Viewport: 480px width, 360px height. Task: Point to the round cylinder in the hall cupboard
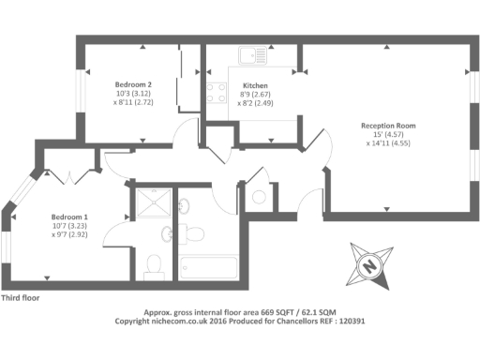click(258, 198)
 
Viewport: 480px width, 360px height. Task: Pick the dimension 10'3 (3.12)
click(133, 94)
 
